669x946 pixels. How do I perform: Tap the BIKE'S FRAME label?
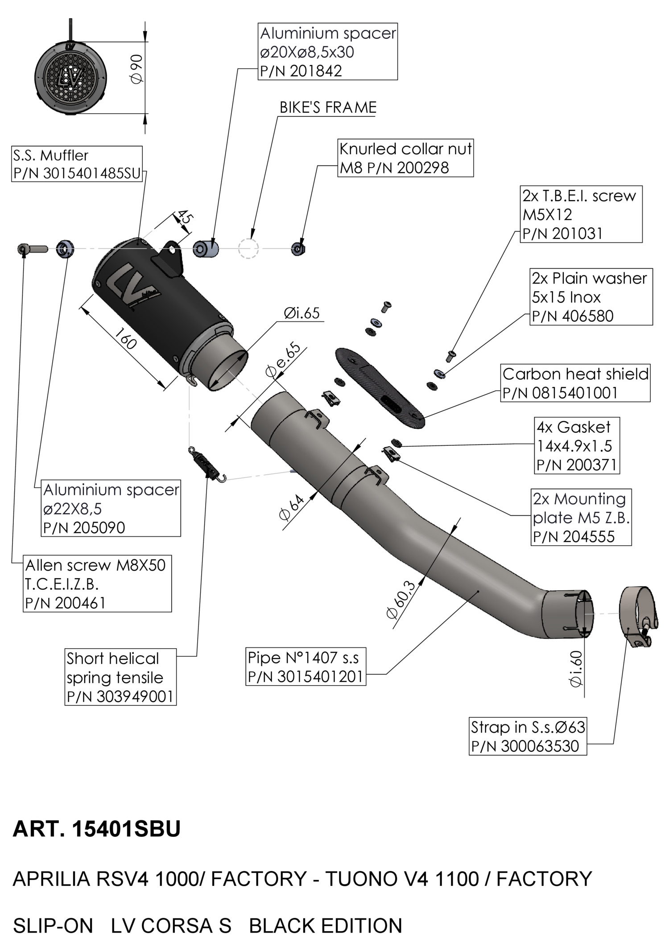click(x=328, y=108)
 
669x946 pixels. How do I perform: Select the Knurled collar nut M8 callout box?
click(x=405, y=158)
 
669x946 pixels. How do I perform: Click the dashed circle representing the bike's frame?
click(x=248, y=249)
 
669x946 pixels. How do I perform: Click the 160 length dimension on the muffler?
click(x=125, y=339)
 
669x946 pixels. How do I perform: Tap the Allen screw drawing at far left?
click(x=33, y=248)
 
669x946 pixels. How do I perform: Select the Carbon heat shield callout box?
click(x=575, y=383)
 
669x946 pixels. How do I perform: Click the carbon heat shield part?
click(x=379, y=386)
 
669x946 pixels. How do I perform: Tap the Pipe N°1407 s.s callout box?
click(x=306, y=667)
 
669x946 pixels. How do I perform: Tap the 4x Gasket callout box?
click(x=577, y=446)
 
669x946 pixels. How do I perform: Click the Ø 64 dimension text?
click(x=292, y=508)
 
